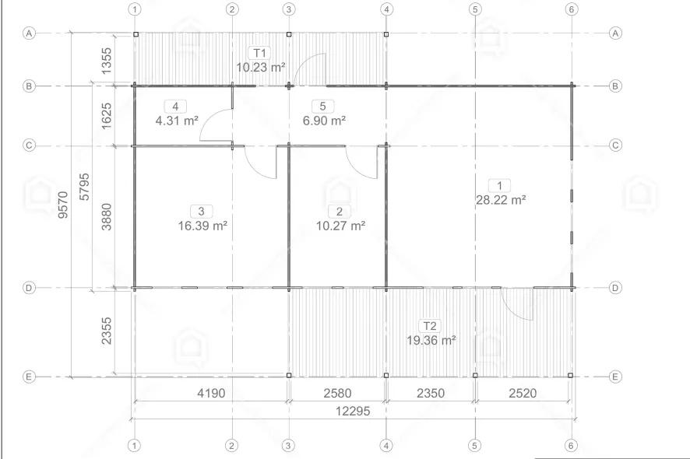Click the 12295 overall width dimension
click(353, 411)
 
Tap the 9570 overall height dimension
click(63, 205)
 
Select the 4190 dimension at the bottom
click(211, 393)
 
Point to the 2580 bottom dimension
click(337, 393)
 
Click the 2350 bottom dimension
click(431, 393)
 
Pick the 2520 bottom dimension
click(523, 393)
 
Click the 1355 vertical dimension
click(107, 61)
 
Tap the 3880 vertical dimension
click(107, 217)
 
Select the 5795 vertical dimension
click(84, 187)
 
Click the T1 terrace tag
click(259, 53)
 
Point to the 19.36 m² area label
click(431, 340)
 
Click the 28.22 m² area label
click(501, 200)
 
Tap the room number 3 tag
click(202, 212)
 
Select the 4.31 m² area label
click(177, 120)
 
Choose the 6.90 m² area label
click(324, 120)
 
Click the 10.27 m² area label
click(340, 226)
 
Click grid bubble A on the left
click(29, 33)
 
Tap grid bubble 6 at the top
click(571, 9)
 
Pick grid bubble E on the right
click(615, 377)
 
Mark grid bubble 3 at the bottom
click(288, 445)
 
